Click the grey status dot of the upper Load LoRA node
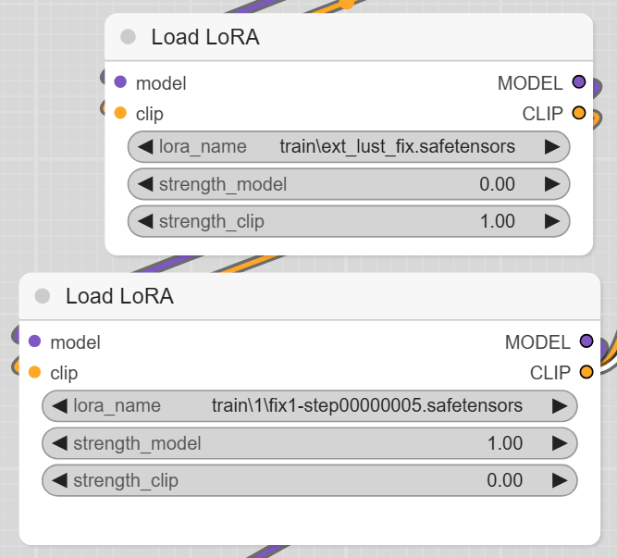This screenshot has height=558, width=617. click(x=128, y=37)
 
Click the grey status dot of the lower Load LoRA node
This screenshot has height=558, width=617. click(x=42, y=296)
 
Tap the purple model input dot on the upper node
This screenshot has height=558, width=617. click(x=120, y=82)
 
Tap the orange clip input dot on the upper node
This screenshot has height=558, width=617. click(x=120, y=114)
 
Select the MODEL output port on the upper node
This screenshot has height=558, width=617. click(x=579, y=82)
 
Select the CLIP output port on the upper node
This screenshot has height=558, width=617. click(x=579, y=114)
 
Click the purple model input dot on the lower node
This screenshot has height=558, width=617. click(x=35, y=341)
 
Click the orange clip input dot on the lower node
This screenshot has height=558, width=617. click(x=35, y=373)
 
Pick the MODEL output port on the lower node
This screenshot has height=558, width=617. click(x=586, y=341)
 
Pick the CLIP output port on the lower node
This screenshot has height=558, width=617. click(x=586, y=373)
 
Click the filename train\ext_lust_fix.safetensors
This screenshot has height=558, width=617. click(x=397, y=146)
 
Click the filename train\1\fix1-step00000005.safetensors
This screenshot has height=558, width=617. click(x=367, y=405)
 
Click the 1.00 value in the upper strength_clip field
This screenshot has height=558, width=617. click(x=498, y=221)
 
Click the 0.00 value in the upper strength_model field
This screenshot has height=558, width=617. click(x=498, y=184)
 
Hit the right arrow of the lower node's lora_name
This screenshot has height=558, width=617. click(x=559, y=405)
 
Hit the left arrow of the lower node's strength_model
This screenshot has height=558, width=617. click(x=60, y=443)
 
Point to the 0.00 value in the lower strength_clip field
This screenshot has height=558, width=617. click(x=505, y=480)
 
